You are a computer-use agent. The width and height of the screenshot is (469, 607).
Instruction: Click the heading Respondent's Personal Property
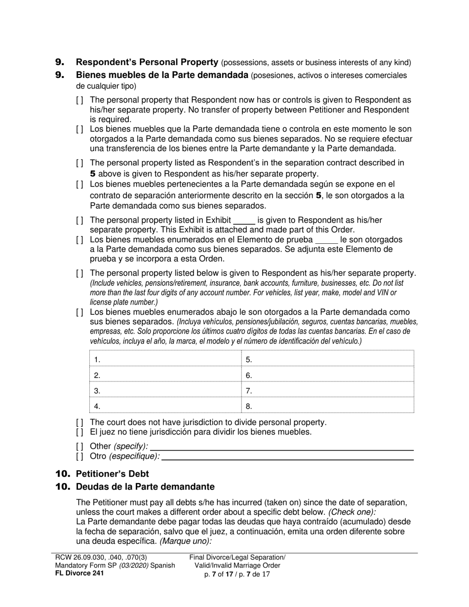tap(147, 62)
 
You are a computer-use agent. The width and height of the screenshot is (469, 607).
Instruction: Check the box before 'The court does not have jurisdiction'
tap(79, 422)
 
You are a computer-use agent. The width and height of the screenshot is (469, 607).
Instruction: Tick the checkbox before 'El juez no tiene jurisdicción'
tap(79, 432)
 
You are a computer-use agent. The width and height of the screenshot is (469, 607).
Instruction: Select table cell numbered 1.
tap(165, 359)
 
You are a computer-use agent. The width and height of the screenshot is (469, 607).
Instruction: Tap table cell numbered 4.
tap(165, 406)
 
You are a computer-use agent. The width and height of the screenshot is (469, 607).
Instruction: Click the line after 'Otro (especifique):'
tap(287, 456)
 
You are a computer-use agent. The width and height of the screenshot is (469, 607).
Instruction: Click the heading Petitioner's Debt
tap(112, 474)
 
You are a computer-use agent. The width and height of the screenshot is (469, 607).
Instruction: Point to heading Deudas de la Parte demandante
tap(145, 487)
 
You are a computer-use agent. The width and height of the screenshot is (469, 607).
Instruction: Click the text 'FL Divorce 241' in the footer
tap(79, 573)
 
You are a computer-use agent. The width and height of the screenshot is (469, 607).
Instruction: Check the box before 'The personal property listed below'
tap(79, 273)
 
